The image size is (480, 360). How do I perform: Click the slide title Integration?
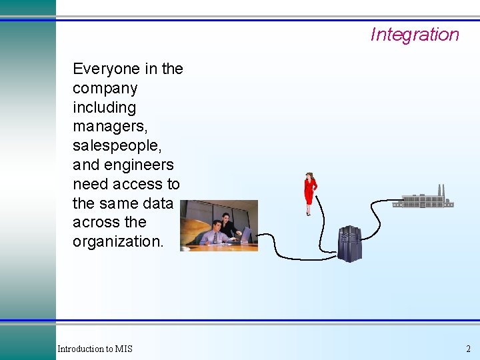pos(415,35)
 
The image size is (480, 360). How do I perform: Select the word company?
pos(105,89)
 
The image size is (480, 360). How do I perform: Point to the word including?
pos(104,107)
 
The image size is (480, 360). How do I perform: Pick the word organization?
pos(117,241)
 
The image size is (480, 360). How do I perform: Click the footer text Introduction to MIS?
pos(95,349)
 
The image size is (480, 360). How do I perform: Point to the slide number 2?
pos(468,349)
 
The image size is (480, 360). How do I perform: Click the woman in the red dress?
pos(309,193)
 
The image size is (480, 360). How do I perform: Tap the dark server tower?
pos(349,243)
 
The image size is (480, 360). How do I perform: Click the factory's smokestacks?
pos(440,190)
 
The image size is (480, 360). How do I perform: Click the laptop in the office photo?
pos(244,234)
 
